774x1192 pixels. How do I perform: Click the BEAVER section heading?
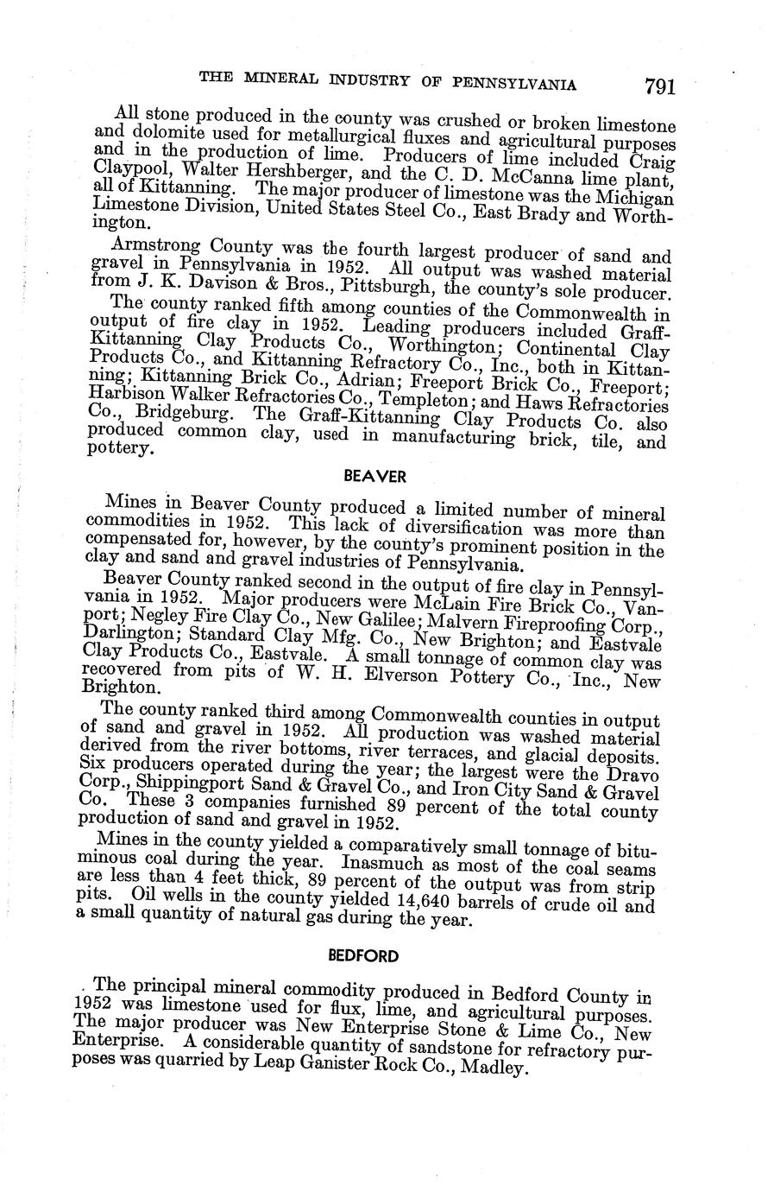pyautogui.click(x=363, y=476)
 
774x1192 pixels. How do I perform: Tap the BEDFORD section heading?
pyautogui.click(x=363, y=956)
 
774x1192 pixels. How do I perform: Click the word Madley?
pyautogui.click(x=493, y=1068)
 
